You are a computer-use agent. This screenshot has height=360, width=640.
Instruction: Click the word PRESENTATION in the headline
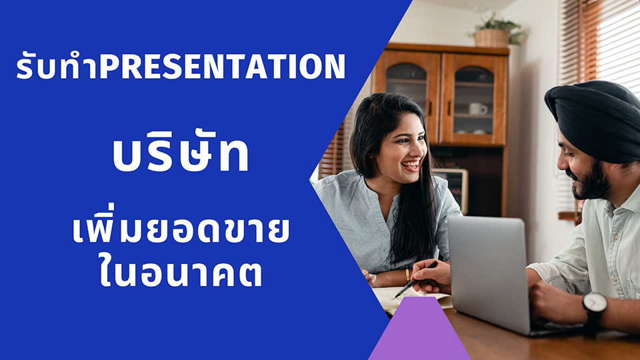223,66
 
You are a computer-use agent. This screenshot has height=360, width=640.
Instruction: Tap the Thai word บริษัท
181,152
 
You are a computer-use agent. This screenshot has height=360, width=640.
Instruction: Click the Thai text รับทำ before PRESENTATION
57,65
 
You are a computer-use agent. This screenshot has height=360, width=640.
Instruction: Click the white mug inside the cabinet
477,109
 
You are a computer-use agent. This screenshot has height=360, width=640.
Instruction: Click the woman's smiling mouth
411,165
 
